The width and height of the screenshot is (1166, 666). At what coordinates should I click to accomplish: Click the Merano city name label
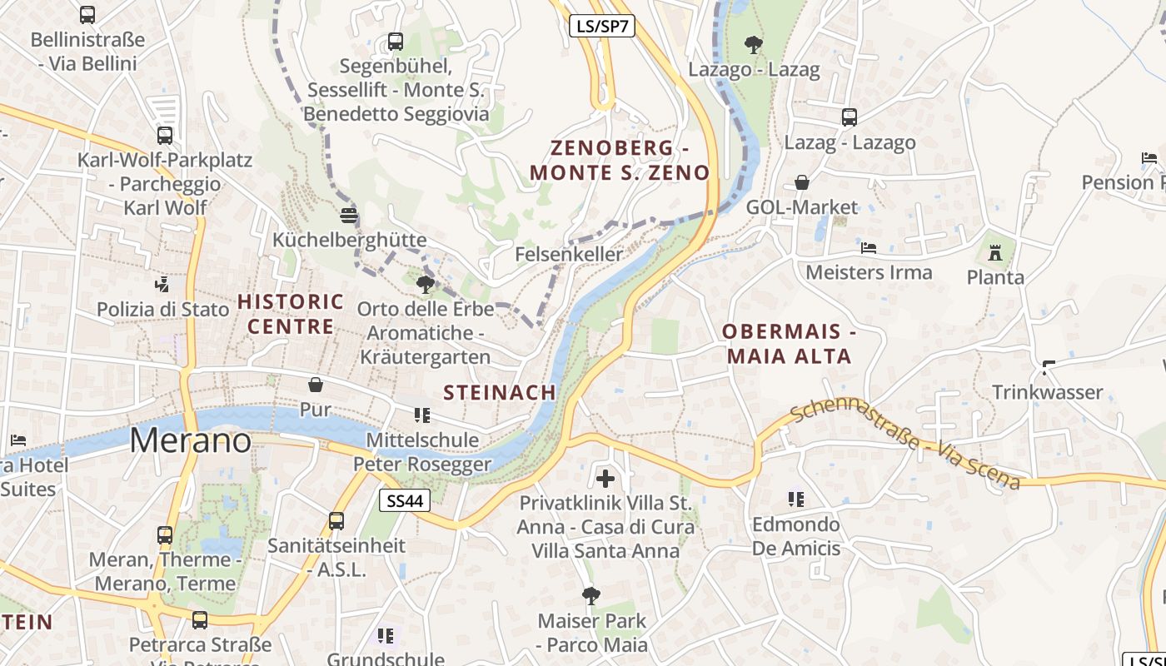(190, 440)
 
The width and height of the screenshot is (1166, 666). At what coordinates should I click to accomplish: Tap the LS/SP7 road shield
(602, 26)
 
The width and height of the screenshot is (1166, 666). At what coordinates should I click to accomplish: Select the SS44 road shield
(406, 500)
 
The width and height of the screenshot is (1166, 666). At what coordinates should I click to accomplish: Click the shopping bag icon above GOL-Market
(802, 181)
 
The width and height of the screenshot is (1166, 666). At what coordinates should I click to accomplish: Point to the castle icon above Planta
(994, 251)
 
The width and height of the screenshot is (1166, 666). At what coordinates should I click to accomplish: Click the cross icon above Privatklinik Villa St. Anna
(605, 478)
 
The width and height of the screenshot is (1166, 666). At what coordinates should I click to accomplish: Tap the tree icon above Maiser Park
(591, 595)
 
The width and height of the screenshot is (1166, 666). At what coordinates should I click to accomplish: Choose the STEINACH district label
(500, 392)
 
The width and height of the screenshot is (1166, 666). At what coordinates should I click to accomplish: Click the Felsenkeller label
(569, 254)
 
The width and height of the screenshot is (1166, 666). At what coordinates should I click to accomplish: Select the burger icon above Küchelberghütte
(349, 215)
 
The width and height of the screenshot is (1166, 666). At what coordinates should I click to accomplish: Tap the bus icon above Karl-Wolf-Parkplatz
(165, 135)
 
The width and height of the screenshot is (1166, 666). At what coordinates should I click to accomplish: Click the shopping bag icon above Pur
(316, 384)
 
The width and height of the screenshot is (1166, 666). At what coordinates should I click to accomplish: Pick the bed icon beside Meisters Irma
(869, 248)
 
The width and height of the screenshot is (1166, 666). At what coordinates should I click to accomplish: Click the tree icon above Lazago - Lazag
(753, 43)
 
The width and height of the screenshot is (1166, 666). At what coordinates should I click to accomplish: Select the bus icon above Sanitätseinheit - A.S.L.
(336, 521)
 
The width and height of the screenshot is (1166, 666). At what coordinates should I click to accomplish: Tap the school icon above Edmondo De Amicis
(796, 499)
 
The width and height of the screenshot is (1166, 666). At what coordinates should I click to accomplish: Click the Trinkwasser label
(1047, 392)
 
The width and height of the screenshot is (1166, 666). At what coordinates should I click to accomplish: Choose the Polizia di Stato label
(162, 310)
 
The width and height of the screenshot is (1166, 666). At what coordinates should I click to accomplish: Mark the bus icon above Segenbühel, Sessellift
(396, 41)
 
